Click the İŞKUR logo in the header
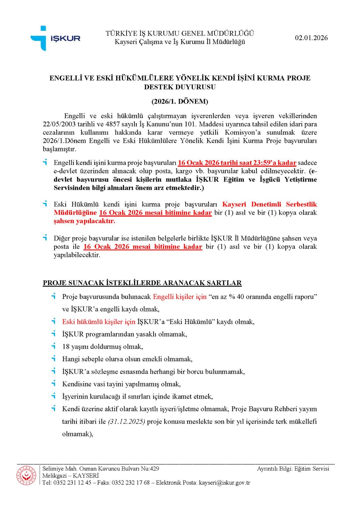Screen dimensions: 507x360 [55, 38]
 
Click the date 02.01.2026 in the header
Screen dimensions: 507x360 [311, 38]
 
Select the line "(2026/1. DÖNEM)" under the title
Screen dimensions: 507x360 [180, 101]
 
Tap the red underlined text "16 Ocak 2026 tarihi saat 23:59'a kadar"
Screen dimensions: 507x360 [237, 163]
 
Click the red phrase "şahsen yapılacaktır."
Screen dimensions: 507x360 [84, 221]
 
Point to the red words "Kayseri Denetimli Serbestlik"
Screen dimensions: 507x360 [269, 204]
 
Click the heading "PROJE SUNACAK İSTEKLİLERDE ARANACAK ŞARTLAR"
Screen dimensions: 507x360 [142, 283]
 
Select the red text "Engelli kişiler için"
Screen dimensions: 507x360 [180, 297]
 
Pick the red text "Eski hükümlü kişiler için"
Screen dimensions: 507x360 [98, 322]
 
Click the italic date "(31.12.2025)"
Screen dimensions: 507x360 [126, 421]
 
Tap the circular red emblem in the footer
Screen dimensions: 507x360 [26, 475]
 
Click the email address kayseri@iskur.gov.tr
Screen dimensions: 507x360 [224, 483]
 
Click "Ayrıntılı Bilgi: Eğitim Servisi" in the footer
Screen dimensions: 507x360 [293, 469]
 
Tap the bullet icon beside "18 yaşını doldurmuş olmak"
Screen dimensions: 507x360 [54, 346]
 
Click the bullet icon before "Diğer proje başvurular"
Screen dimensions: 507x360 [45, 237]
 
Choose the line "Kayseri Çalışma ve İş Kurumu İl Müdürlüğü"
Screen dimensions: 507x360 [180, 42]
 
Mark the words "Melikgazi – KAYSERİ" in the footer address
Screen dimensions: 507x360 [71, 476]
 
